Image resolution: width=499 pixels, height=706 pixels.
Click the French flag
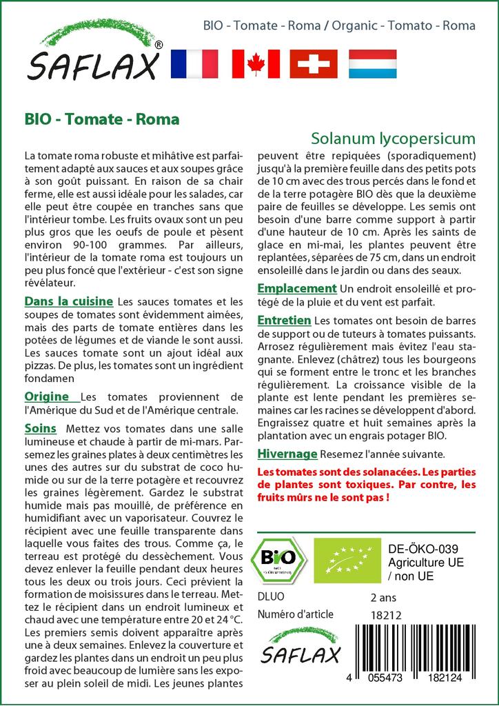click(194, 63)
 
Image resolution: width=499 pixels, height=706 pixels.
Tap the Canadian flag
click(255, 63)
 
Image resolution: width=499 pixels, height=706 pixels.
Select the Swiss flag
click(314, 63)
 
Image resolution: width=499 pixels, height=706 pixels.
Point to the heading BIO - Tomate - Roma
click(101, 119)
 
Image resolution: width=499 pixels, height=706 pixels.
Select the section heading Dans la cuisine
click(69, 301)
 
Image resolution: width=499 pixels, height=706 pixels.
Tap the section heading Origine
click(47, 396)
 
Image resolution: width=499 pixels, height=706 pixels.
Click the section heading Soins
click(41, 428)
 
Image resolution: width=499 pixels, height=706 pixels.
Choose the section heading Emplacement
click(296, 288)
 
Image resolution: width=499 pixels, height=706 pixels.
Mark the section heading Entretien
click(284, 321)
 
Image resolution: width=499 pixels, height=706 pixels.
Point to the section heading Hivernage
click(287, 454)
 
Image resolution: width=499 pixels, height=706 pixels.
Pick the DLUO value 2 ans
click(383, 596)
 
